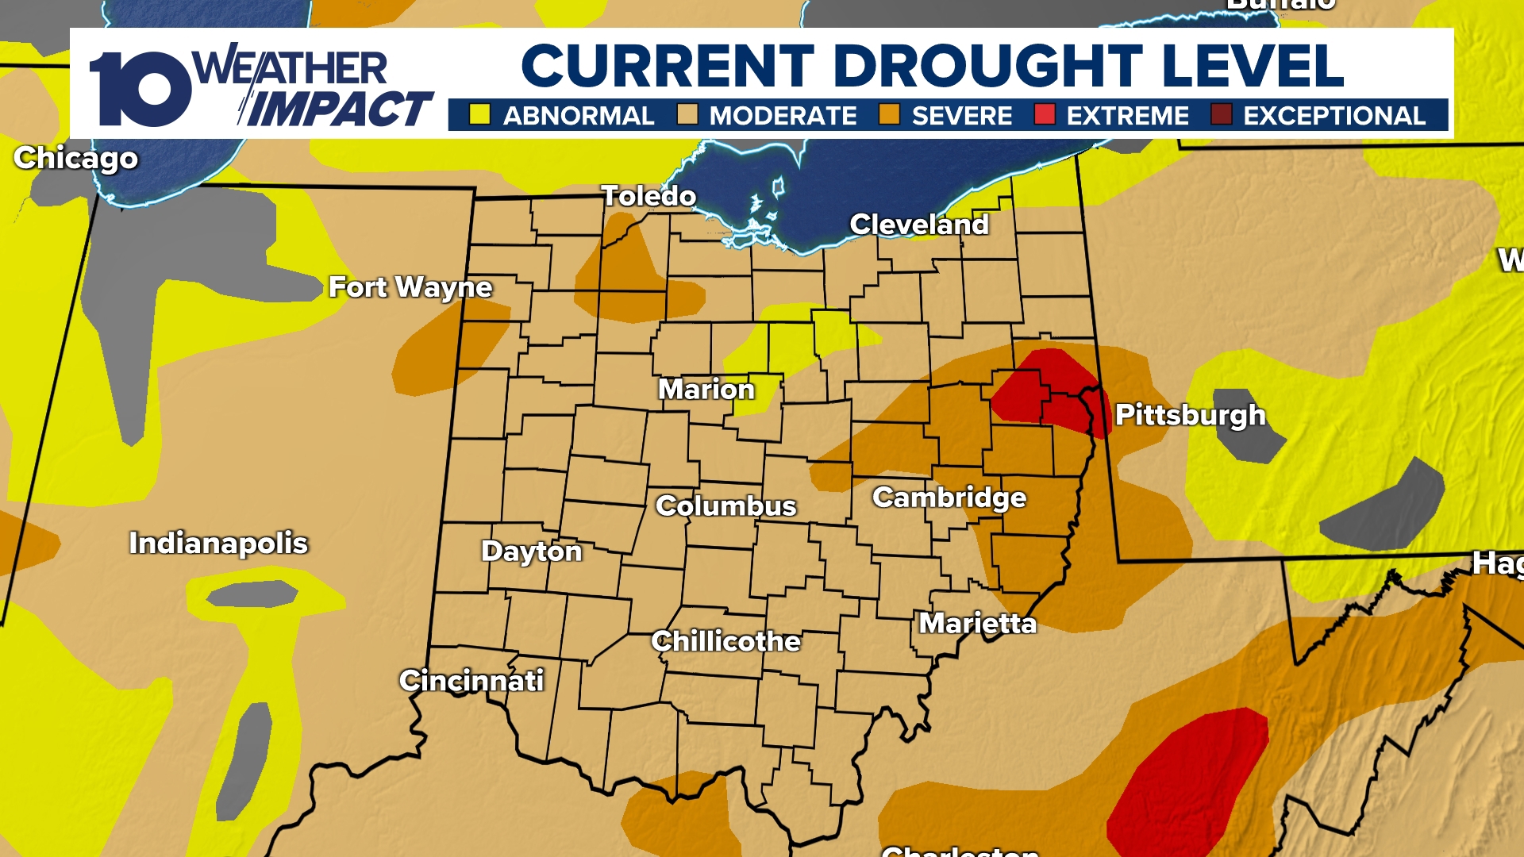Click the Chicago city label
point(76,159)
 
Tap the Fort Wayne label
point(410,287)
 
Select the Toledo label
point(648,196)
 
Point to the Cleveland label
point(919,225)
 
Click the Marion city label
point(706,390)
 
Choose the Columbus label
point(725,506)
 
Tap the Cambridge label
point(949,498)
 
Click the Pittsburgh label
point(1190,415)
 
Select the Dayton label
point(532,551)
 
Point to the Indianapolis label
point(218,544)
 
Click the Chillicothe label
point(725,641)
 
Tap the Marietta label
point(978,624)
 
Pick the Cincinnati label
point(471,681)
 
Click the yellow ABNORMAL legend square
point(479,115)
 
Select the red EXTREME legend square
point(1045,115)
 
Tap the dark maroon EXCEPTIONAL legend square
point(1221,115)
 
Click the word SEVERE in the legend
point(962,116)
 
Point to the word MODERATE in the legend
point(783,116)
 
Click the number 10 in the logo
point(140,89)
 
